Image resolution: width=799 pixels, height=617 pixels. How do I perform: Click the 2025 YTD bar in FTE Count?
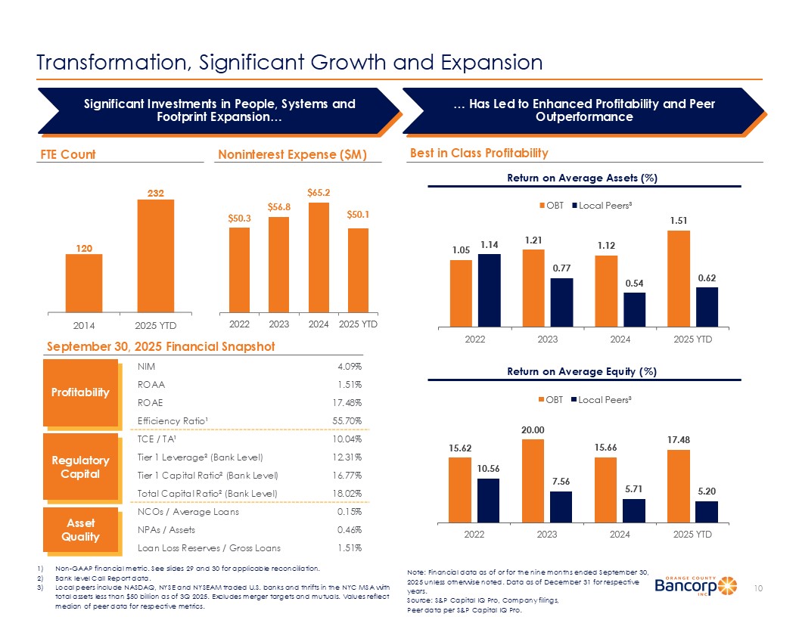pyautogui.click(x=156, y=256)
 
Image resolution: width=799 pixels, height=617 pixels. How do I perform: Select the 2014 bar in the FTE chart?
pyautogui.click(x=84, y=283)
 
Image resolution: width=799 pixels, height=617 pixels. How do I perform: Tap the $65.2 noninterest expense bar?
pyautogui.click(x=319, y=257)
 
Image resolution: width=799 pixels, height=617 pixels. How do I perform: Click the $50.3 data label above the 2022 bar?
pyautogui.click(x=239, y=218)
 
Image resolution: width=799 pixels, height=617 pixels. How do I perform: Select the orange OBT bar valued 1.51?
pyautogui.click(x=679, y=277)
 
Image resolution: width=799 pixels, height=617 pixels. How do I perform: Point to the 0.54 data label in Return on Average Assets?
pyautogui.click(x=634, y=283)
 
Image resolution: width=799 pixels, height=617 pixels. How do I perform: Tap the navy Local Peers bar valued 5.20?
pyautogui.click(x=707, y=511)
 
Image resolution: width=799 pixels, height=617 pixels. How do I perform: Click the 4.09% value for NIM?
pyautogui.click(x=349, y=367)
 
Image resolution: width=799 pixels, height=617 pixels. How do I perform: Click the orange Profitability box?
pyautogui.click(x=80, y=392)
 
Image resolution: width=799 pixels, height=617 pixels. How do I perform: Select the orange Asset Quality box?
pyautogui.click(x=80, y=530)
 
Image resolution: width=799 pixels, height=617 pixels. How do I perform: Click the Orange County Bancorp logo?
pyautogui.click(x=695, y=587)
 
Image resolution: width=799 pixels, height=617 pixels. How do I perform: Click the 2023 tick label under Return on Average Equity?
pyautogui.click(x=547, y=534)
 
